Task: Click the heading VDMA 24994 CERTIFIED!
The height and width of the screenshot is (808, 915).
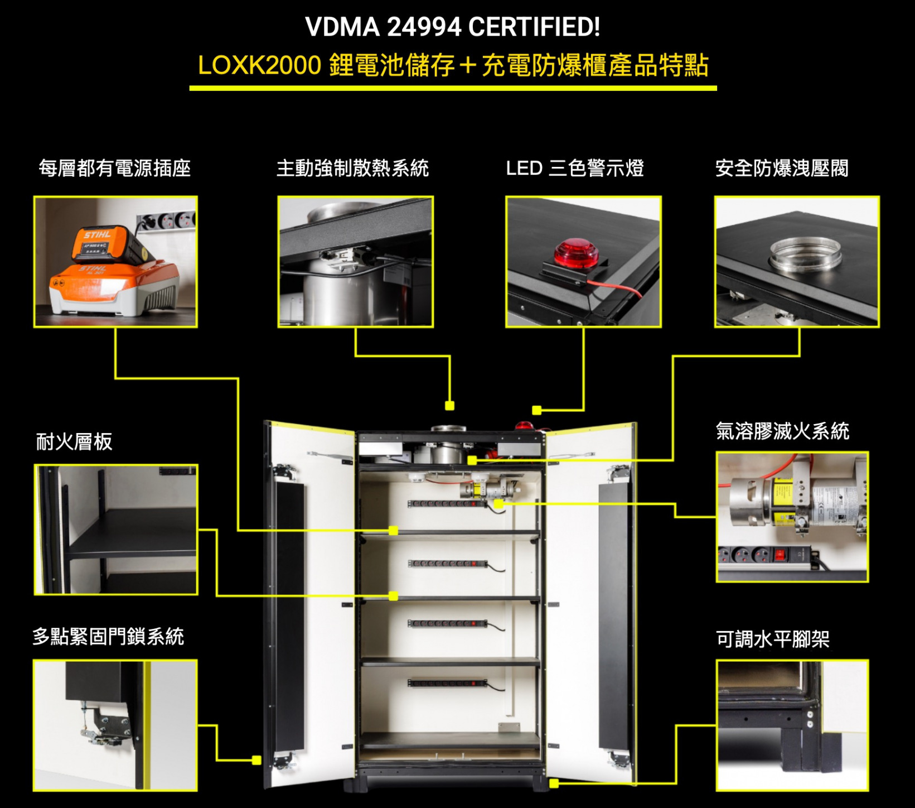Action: click(453, 27)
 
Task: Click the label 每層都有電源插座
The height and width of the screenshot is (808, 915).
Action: click(115, 168)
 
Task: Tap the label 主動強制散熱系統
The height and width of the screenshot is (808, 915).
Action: click(353, 168)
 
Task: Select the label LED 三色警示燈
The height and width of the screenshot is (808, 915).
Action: click(575, 168)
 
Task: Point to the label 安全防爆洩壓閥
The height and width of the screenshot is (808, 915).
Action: click(782, 168)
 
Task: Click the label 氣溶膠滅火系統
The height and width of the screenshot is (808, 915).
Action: click(782, 431)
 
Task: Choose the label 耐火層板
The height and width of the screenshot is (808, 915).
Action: click(74, 441)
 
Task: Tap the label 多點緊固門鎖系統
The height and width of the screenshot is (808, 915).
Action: click(108, 636)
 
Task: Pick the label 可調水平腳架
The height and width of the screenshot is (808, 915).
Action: click(773, 639)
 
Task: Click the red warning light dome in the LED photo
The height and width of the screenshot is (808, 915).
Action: click(576, 253)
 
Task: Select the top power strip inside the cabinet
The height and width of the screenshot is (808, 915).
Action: click(447, 504)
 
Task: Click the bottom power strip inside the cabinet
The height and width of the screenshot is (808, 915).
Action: click(447, 683)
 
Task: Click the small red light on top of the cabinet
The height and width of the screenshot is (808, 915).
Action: click(524, 426)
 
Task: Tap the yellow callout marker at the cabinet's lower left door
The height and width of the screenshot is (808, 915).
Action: click(256, 760)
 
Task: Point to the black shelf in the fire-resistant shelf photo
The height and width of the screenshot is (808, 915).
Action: click(133, 533)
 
